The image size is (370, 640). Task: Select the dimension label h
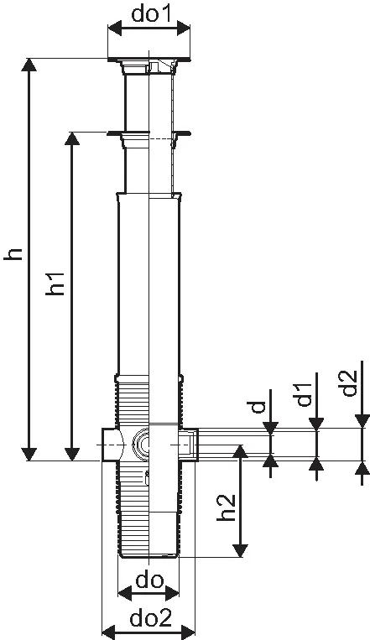click(13, 253)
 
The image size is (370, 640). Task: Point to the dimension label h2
click(227, 507)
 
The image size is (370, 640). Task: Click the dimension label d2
click(350, 382)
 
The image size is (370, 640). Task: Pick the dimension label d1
click(304, 395)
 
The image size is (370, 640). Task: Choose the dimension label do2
click(150, 619)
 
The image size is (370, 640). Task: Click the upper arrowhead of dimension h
click(29, 65)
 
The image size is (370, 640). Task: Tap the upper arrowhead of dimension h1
click(72, 138)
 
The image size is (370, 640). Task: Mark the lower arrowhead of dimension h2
click(240, 549)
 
